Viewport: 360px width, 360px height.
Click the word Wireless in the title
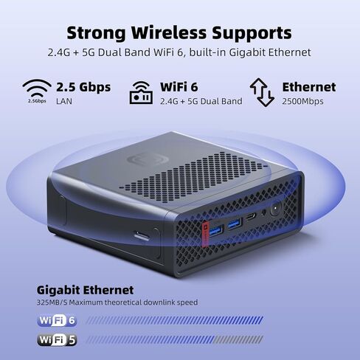169,32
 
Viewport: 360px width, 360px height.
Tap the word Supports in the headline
252,33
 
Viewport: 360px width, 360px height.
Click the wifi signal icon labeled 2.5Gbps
37,89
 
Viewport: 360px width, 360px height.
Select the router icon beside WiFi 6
141,93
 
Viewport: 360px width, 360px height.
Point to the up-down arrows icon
262,92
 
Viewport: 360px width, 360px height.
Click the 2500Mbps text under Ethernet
302,101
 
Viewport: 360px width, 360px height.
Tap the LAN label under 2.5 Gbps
64,101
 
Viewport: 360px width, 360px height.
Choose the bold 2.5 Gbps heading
83,87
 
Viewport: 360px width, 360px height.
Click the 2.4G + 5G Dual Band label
201,101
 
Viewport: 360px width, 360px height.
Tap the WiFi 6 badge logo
57,320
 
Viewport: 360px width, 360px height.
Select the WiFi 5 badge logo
57,340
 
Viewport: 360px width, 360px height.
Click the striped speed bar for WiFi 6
175,320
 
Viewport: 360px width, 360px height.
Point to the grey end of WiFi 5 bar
239,340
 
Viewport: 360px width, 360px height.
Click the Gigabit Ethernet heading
85,290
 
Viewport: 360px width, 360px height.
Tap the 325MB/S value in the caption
52,302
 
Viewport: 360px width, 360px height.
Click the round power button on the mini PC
276,209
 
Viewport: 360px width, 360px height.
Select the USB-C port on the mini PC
251,217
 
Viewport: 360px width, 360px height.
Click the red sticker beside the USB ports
204,234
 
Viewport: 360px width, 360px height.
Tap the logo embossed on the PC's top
148,159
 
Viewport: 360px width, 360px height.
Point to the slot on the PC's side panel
142,236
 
